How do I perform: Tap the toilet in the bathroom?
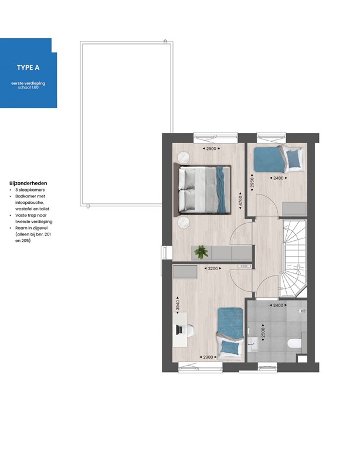[x=295, y=343]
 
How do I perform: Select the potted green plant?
[x=202, y=252]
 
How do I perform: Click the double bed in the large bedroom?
[x=202, y=189]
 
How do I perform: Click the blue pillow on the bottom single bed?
[x=231, y=348]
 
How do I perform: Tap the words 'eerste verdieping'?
[x=28, y=84]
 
